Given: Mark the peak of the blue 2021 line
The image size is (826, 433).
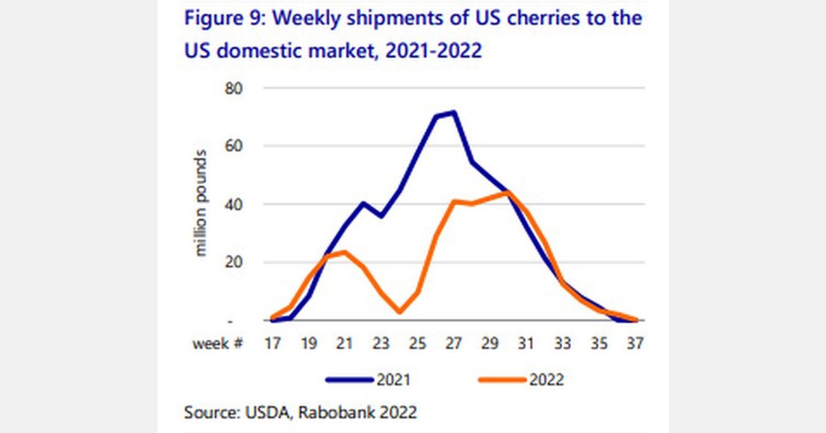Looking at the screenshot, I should click(x=454, y=112).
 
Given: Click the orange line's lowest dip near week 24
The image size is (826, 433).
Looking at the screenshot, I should click(x=400, y=312).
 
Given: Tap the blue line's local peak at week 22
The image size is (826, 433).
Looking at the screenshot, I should click(x=363, y=203).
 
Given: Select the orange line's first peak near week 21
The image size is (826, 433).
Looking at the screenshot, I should click(x=344, y=252).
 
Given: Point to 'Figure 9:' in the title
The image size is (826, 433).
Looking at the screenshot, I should click(x=220, y=19).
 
